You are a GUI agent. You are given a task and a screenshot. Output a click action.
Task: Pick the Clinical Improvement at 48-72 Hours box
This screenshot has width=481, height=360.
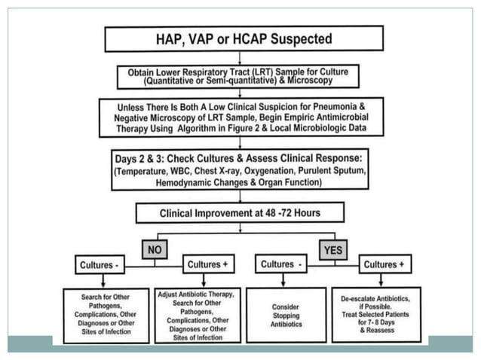click(240, 212)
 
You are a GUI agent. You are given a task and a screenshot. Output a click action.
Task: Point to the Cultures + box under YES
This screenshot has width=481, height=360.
click(384, 264)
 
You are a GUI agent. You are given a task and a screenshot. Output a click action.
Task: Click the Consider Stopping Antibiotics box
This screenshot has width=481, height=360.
click(286, 314)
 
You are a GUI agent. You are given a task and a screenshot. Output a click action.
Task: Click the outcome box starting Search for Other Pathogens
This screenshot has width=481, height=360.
click(106, 315)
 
